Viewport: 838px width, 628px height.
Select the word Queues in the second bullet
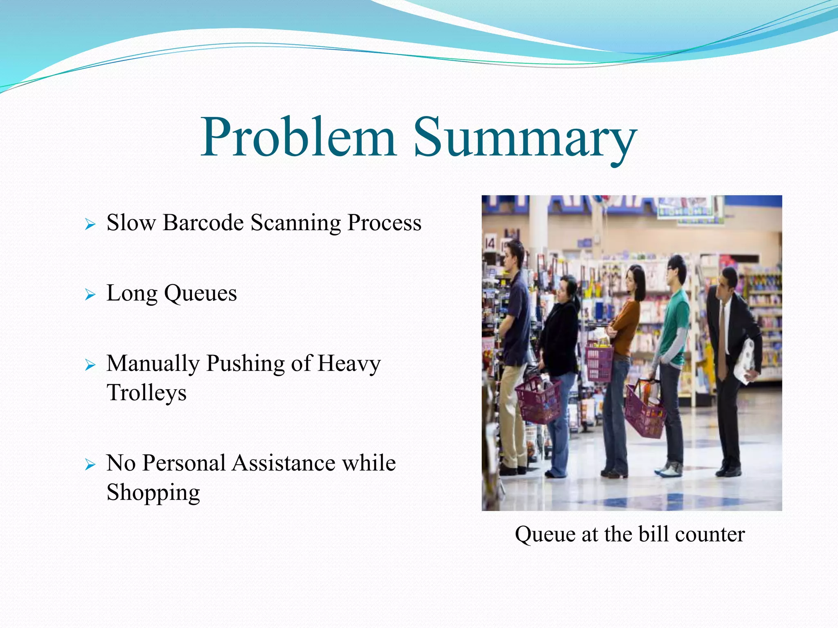pos(200,294)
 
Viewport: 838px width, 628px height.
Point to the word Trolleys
pos(146,392)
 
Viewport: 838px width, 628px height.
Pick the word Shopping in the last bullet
pos(153,492)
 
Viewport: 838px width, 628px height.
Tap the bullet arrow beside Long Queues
pos(90,294)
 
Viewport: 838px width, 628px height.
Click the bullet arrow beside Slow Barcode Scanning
pos(90,224)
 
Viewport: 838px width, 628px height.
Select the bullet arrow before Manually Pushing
pos(90,365)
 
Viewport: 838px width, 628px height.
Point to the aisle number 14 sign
pos(490,244)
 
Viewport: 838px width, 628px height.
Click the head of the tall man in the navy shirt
pos(513,253)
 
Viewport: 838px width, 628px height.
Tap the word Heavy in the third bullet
pos(349,364)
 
